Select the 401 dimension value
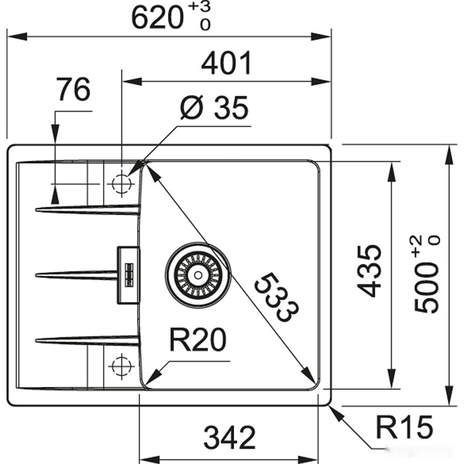[226, 64]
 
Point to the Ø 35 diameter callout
[214, 109]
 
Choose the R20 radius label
[197, 340]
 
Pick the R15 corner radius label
[404, 428]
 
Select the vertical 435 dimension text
[370, 271]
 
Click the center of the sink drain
[198, 275]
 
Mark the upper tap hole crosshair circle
[121, 184]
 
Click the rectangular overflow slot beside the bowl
[128, 275]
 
